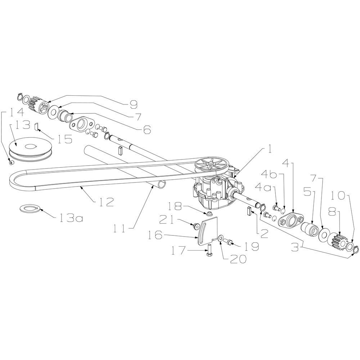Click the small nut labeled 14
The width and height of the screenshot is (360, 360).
tap(10, 163)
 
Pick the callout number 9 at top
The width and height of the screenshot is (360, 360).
tap(133, 104)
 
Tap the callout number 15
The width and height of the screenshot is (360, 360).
tap(65, 139)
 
